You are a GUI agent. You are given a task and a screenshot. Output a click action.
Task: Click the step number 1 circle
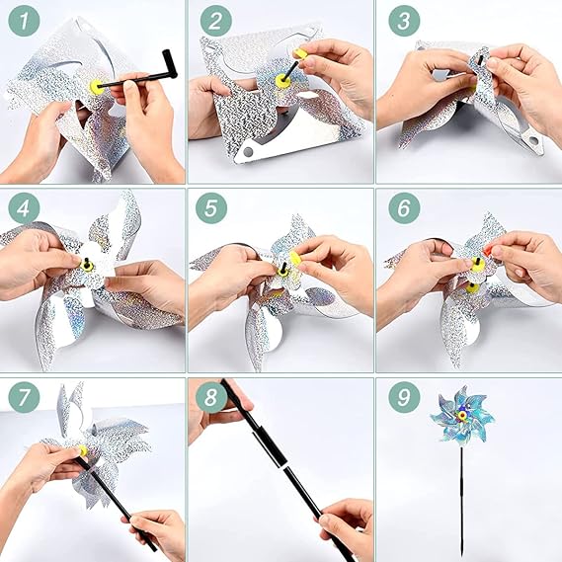pyautogui.click(x=24, y=21)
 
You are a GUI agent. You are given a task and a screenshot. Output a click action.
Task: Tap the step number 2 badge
pyautogui.click(x=215, y=21)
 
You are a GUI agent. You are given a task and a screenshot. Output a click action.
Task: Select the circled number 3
pyautogui.click(x=404, y=21)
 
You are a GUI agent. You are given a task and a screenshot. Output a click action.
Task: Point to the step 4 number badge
pyautogui.click(x=24, y=208)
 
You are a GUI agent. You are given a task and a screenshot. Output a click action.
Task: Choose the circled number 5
pyautogui.click(x=211, y=208)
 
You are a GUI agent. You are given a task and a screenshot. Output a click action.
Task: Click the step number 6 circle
pyautogui.click(x=404, y=208)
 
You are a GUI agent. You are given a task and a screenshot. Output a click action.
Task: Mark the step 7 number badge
pyautogui.click(x=24, y=397)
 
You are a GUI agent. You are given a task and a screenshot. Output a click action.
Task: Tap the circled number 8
pyautogui.click(x=211, y=397)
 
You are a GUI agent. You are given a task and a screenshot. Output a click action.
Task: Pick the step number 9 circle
pyautogui.click(x=404, y=397)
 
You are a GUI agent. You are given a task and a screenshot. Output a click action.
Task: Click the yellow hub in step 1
pyautogui.click(x=97, y=87)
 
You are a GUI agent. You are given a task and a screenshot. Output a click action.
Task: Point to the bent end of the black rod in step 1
pyautogui.click(x=170, y=64)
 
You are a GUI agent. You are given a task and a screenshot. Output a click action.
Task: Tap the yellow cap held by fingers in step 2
pyautogui.click(x=300, y=54)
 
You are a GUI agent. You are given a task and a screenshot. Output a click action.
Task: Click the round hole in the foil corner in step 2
pyautogui.click(x=248, y=152)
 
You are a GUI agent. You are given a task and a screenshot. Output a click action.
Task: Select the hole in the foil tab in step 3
pyautogui.click(x=533, y=140)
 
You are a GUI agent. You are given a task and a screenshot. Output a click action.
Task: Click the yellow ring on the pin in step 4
pyautogui.click(x=87, y=266)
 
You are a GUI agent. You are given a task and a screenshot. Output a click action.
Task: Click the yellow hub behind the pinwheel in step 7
pyautogui.click(x=84, y=451)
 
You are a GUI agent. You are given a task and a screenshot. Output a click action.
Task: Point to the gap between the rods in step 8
pyautogui.click(x=283, y=466)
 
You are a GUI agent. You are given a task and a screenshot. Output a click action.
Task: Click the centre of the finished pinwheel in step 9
pyautogui.click(x=462, y=415)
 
